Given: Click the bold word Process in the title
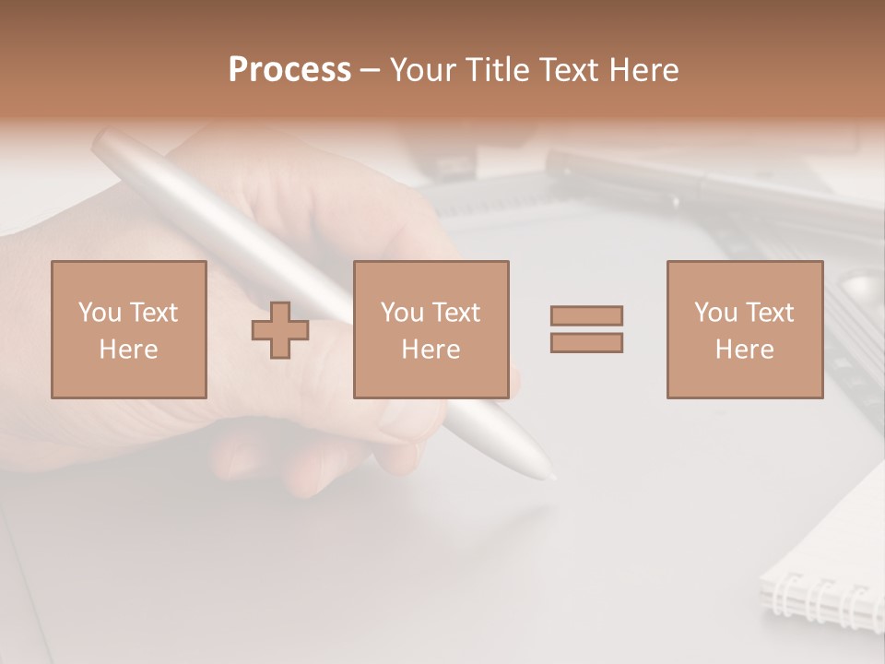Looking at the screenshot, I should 289,70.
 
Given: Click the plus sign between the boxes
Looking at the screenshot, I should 280,330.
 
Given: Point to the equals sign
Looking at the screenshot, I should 586,329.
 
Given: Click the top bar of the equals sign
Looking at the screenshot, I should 586,316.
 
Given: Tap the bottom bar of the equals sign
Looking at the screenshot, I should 586,342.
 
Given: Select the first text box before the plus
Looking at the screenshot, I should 128,329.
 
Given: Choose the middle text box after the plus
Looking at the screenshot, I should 431,329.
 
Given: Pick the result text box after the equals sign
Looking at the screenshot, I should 744,329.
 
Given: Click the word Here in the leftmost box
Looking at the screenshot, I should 128,349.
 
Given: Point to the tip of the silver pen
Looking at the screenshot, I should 550,477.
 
